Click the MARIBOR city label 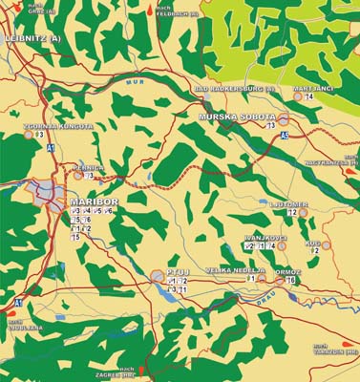pyautogui.click(x=94, y=203)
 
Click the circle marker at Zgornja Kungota pyautogui.click(x=29, y=135)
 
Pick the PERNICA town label pyautogui.click(x=89, y=166)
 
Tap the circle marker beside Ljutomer pyautogui.click(x=305, y=212)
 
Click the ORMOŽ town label pyautogui.click(x=287, y=270)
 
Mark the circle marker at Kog pyautogui.click(x=326, y=244)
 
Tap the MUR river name pyautogui.click(x=132, y=83)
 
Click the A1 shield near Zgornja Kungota pyautogui.click(x=50, y=149)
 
